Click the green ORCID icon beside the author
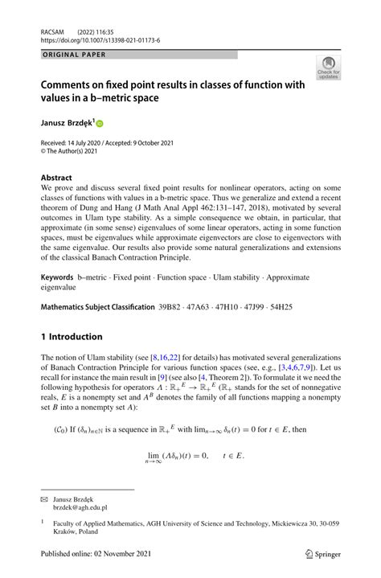[100, 124]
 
